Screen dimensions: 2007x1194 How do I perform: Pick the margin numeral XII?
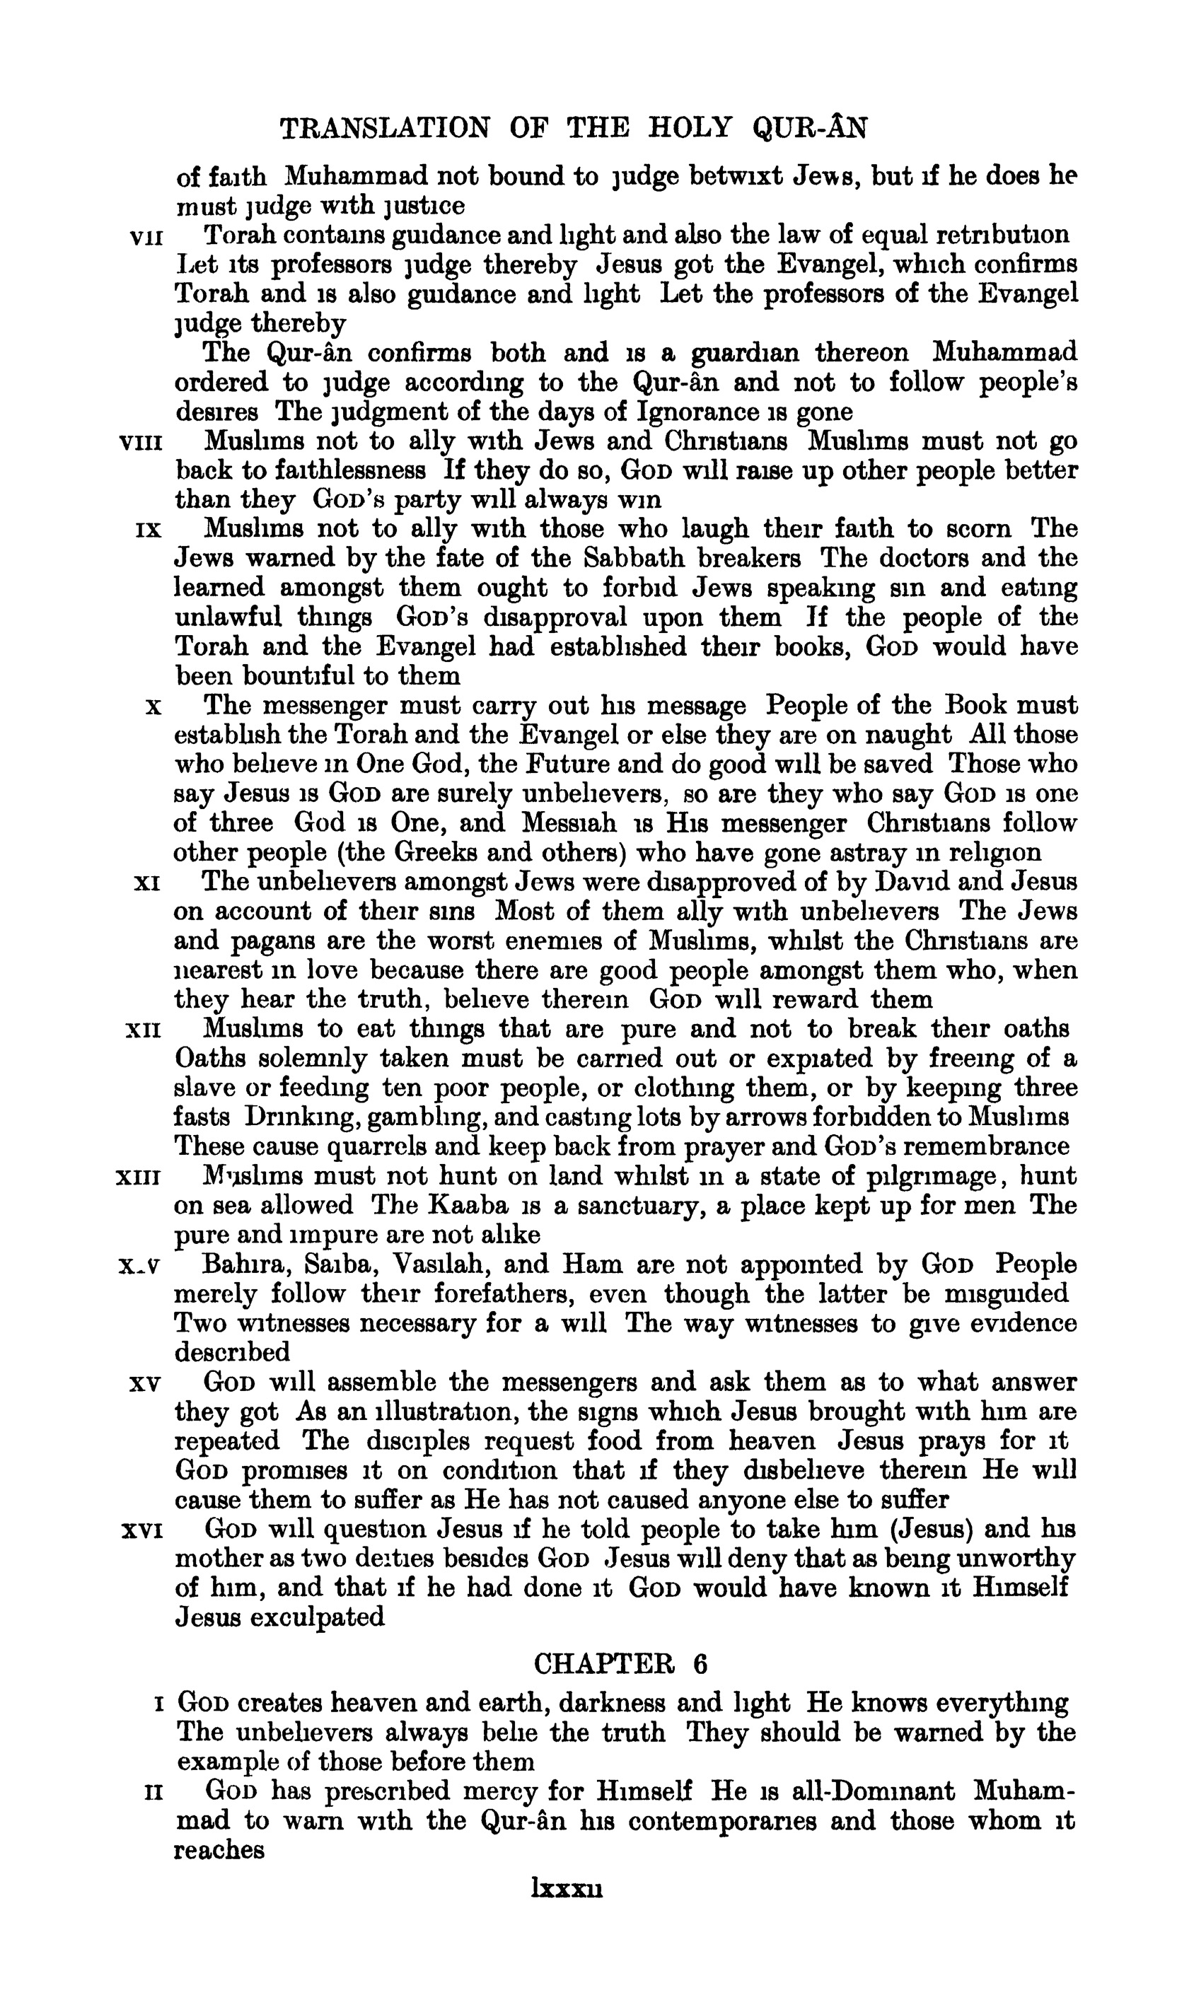145,1030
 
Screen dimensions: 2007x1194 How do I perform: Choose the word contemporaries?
721,1821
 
